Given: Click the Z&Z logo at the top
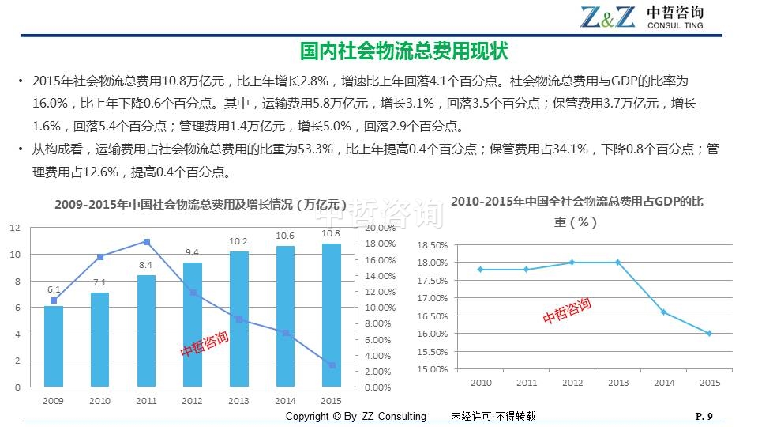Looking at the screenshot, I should pos(607,17).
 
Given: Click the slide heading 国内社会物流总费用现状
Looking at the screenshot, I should pos(403,51).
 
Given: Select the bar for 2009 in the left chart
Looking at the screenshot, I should pos(54,346).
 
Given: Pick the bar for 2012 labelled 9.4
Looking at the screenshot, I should pos(193,324).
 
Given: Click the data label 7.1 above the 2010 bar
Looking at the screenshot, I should pos(99,282).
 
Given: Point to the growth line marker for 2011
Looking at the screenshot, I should pos(146,242).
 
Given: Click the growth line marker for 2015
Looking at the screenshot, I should pos(332,365).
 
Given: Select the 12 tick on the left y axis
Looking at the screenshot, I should pos(15,228).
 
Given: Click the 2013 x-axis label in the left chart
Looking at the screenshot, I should pos(238,401).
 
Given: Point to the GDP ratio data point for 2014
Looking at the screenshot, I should pos(663,312).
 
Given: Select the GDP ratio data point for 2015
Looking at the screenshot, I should pos(709,334).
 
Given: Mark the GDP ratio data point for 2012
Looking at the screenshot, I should pos(572,263).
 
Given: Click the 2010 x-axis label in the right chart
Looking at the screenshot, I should pos(481,383).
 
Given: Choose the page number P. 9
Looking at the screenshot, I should pos(704,417).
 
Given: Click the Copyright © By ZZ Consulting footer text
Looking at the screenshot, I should pos(355,417).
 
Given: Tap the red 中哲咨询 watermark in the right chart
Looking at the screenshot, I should pos(566,311).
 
